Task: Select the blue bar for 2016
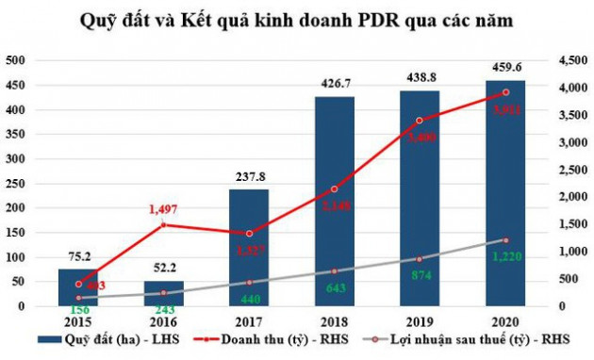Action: click(164, 293)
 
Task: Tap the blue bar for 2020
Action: click(504, 193)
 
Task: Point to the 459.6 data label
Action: click(504, 67)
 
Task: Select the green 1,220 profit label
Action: click(504, 254)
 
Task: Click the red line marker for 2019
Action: click(420, 120)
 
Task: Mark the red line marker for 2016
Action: click(164, 224)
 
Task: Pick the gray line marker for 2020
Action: click(505, 240)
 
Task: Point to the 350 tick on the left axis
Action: click(17, 134)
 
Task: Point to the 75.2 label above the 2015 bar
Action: click(78, 255)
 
